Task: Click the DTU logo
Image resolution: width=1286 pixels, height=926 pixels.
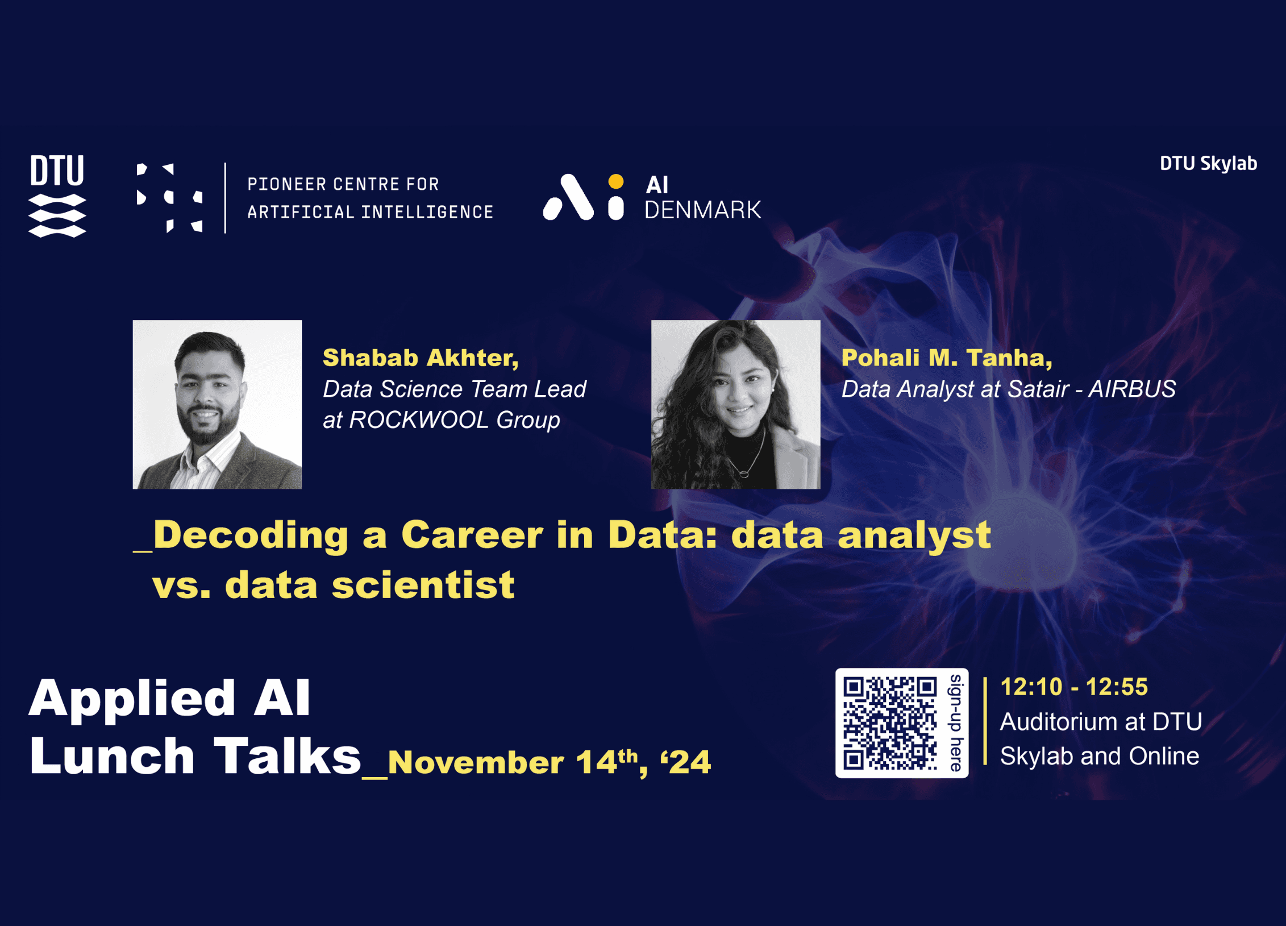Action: pos(57,196)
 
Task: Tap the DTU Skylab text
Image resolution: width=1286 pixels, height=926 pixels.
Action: pos(1208,164)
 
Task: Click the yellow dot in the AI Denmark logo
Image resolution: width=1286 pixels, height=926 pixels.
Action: pos(616,181)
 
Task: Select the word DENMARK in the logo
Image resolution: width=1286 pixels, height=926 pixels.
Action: pos(703,210)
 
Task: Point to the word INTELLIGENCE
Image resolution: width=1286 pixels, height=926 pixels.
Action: pos(427,212)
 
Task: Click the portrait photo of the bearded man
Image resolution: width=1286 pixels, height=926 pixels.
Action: pos(217,404)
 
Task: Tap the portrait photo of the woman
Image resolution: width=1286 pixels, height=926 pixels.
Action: pos(735,404)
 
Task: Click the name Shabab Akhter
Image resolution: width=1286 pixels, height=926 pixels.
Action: pos(421,358)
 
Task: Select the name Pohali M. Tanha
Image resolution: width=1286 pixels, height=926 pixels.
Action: pos(947,358)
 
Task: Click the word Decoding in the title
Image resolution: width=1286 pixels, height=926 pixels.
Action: pos(251,535)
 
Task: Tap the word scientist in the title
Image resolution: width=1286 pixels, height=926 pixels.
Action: pos(423,585)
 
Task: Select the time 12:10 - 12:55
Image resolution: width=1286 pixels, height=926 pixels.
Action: pos(1074,687)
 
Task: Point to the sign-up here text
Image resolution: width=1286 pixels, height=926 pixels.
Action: pos(956,723)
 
